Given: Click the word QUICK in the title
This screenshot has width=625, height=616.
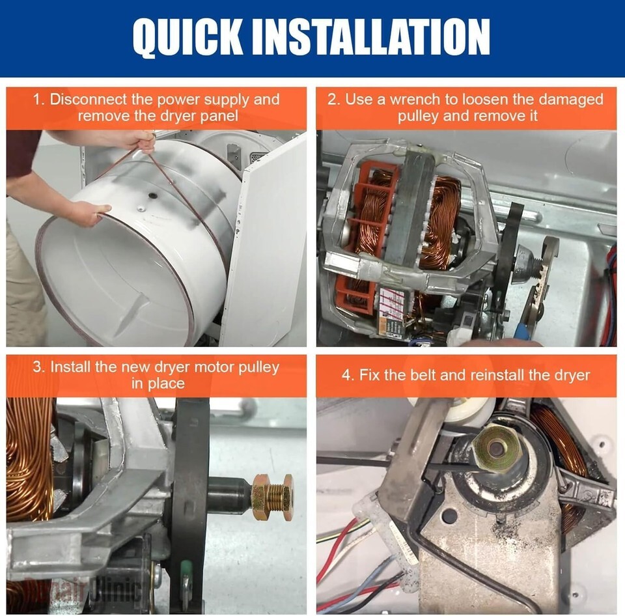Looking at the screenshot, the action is [187, 36].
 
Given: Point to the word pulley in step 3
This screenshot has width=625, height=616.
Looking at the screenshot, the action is [258, 368].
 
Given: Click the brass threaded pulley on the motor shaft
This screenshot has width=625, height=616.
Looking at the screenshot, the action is [273, 496].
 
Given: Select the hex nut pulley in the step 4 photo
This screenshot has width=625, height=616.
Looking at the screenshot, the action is [495, 448].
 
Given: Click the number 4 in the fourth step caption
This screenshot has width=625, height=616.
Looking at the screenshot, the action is [346, 375].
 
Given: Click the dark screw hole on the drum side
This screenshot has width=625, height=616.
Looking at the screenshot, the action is [152, 195].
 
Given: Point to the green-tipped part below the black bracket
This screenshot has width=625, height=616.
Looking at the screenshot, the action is [186, 574].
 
